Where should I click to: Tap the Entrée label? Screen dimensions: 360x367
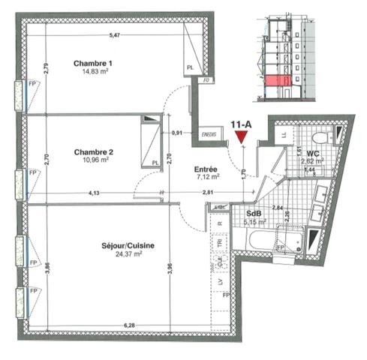(206, 169)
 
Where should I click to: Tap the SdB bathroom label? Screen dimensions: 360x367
(254, 212)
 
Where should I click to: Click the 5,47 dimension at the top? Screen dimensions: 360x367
(114, 35)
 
